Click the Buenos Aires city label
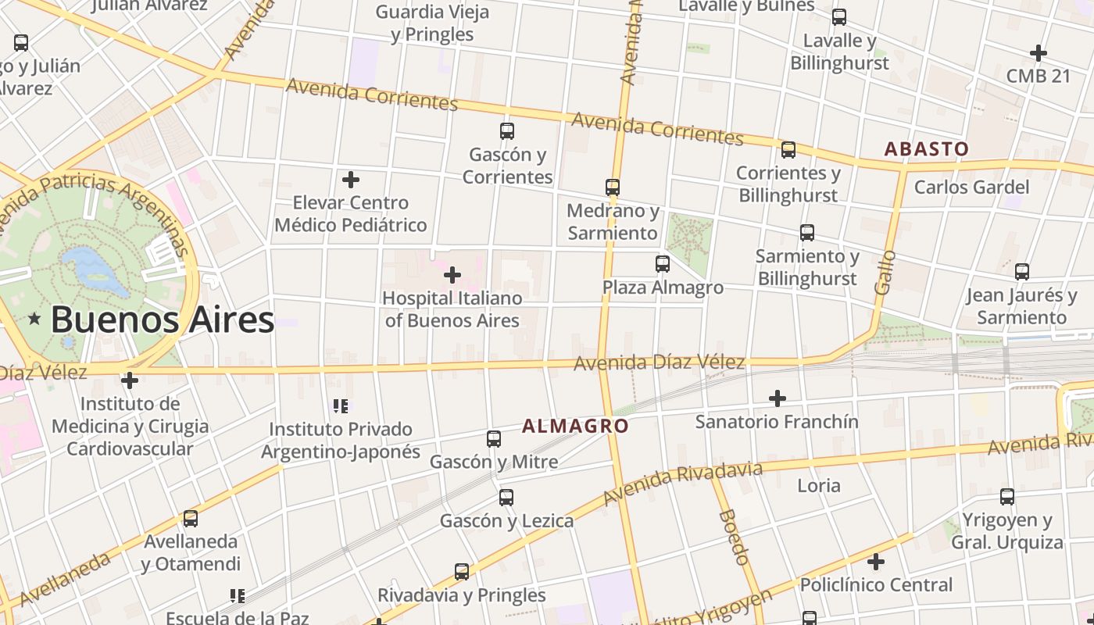coord(163,320)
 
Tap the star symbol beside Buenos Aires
coord(34,319)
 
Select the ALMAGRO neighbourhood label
coord(575,426)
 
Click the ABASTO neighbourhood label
coord(926,148)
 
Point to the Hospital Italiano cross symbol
coord(452,275)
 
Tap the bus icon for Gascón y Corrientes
coord(507,131)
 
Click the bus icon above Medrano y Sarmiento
coord(613,187)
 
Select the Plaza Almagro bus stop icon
coord(663,264)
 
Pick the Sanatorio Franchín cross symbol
coord(778,398)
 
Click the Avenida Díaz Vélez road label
coord(660,362)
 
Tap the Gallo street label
coord(885,272)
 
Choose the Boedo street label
coord(734,537)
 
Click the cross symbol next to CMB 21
coord(1039,53)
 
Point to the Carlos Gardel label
coord(971,187)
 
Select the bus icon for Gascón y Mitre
coord(494,439)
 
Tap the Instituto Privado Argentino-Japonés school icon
coord(341,406)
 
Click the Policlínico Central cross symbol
coord(876,562)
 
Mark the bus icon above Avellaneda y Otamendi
coord(191,519)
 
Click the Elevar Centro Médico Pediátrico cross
coord(351,180)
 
